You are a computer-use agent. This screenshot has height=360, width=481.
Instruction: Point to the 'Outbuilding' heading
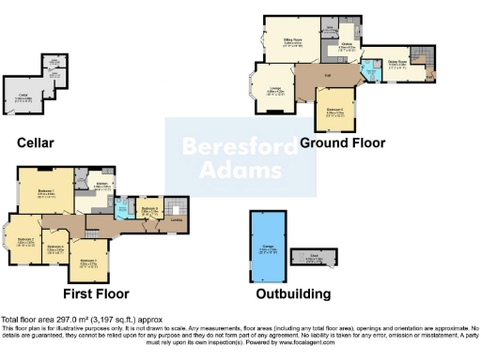(293, 293)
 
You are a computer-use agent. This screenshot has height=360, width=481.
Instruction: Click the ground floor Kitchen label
(345, 44)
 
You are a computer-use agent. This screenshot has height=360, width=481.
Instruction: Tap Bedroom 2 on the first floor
(27, 240)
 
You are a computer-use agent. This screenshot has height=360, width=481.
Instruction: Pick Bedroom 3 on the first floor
(88, 262)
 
